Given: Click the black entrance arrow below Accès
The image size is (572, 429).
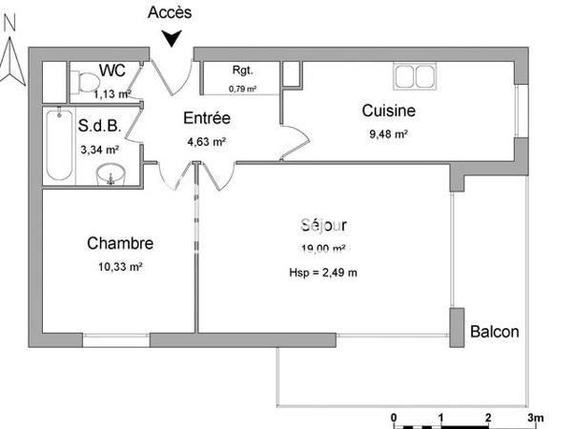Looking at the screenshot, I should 172,37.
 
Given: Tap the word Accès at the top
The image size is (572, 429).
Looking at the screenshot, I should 171,12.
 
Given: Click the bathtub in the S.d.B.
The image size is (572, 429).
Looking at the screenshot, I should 59,144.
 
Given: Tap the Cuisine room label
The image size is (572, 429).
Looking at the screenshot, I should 388,112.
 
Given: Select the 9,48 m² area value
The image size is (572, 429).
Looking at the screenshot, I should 388,134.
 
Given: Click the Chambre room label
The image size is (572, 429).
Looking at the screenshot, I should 119,244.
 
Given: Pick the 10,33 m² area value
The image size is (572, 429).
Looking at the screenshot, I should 119,268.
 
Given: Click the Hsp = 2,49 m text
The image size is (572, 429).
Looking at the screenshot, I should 323,274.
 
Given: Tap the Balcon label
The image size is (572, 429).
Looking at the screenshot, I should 495,332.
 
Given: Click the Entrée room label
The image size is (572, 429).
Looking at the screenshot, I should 207,119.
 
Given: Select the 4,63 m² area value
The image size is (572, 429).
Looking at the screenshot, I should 207,142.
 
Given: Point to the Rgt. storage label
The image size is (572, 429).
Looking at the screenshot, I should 242,71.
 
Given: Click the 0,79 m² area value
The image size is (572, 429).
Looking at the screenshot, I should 243,89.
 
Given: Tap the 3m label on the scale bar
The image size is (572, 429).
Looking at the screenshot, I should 535,418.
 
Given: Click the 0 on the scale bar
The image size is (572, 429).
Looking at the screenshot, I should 395,418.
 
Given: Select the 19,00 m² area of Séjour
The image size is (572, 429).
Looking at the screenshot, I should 323,249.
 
